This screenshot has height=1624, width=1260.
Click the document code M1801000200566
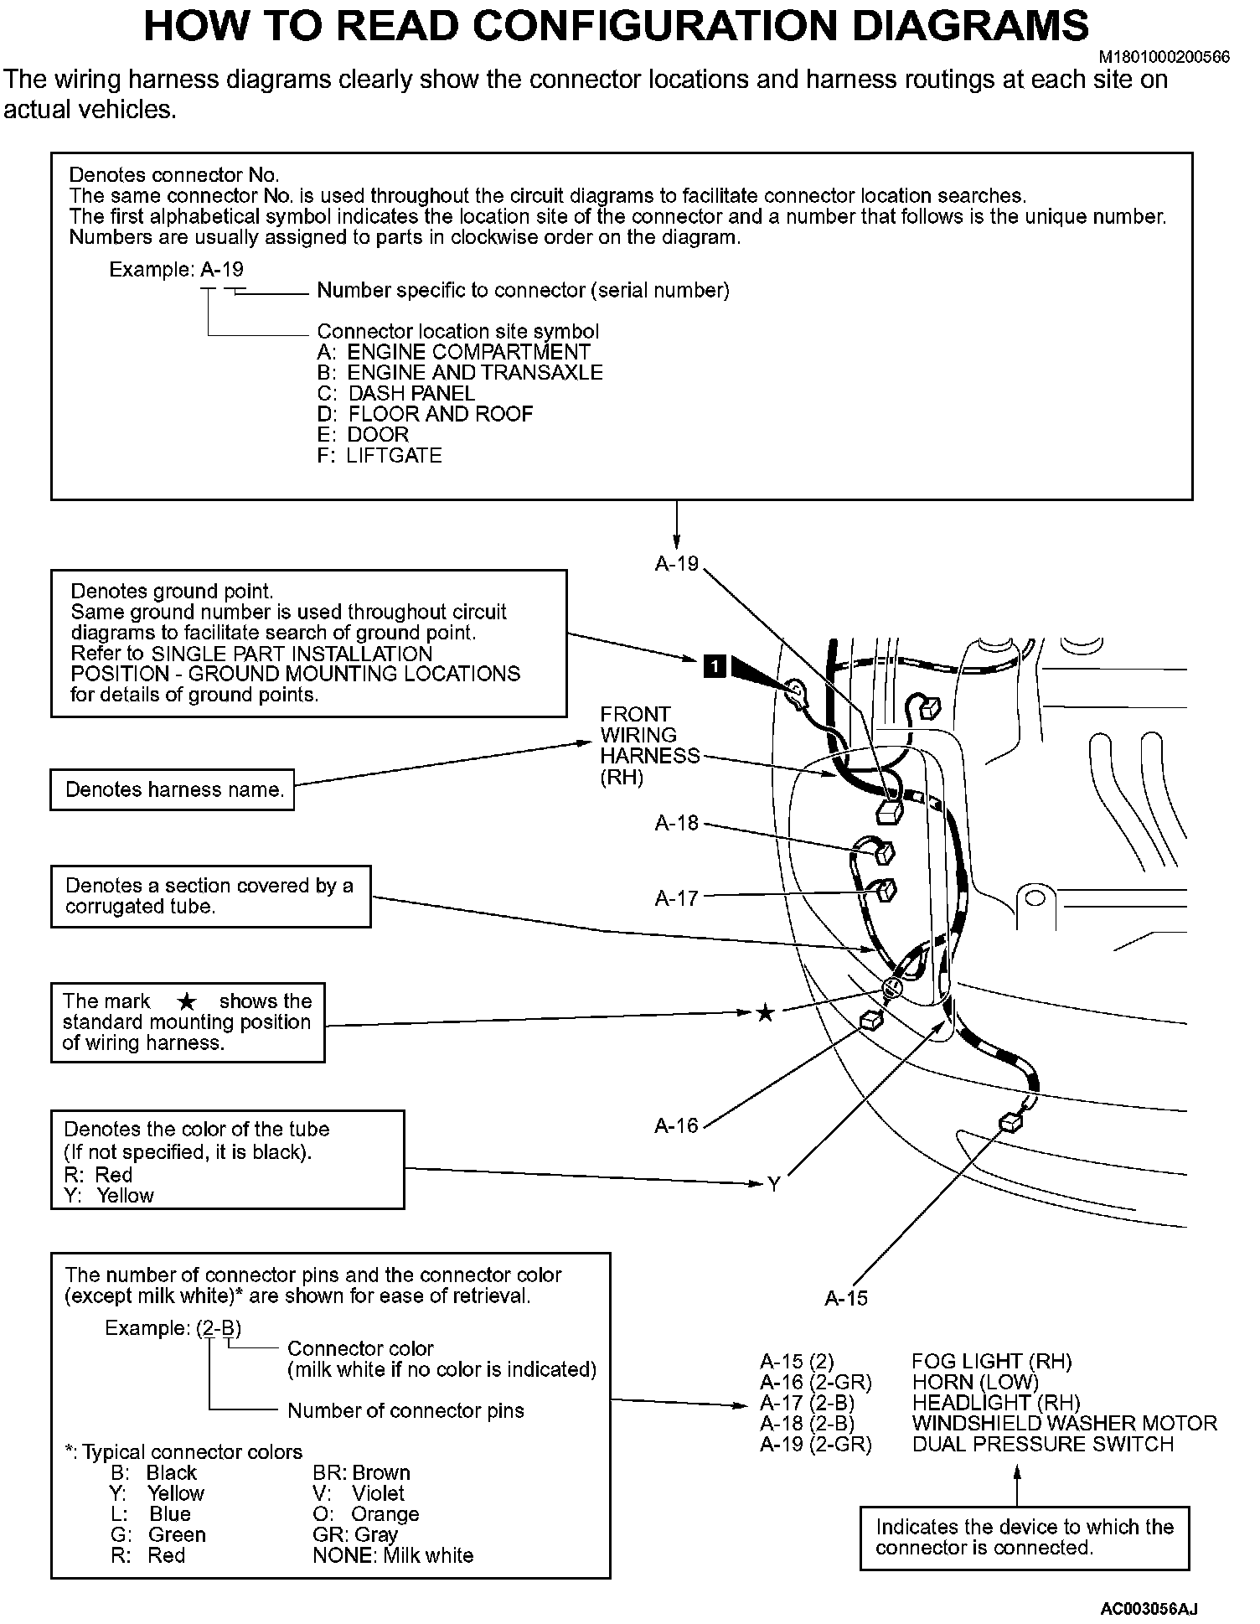click(1164, 57)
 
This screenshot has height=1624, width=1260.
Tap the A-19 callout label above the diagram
click(677, 564)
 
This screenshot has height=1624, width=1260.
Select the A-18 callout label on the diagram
click(677, 824)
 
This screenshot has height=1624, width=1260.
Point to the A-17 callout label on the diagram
click(677, 899)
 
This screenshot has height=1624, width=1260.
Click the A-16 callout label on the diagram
click(677, 1125)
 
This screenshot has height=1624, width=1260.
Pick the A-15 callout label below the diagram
click(846, 1298)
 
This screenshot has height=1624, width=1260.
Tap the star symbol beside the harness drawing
click(765, 1014)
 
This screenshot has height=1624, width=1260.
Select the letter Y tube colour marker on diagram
click(774, 1184)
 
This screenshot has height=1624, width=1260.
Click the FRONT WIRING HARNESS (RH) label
click(649, 746)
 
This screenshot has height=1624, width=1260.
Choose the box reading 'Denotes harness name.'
click(173, 789)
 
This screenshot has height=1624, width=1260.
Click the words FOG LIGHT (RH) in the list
click(991, 1362)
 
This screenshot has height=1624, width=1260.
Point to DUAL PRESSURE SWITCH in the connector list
click(1042, 1444)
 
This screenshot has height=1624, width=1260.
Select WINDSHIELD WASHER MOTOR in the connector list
click(1064, 1423)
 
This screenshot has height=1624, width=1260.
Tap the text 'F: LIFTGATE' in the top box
click(380, 456)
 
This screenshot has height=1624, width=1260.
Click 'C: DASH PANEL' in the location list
click(396, 393)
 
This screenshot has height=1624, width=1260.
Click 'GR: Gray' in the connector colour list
click(355, 1534)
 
